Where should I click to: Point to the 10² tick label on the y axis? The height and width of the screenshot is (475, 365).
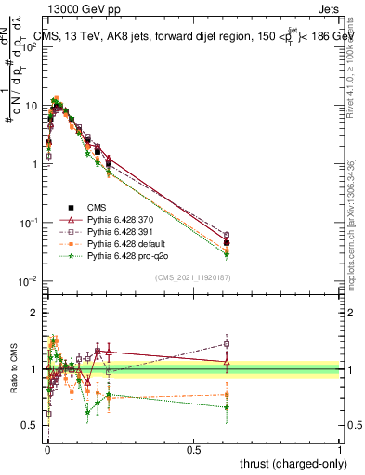click(x=29, y=47)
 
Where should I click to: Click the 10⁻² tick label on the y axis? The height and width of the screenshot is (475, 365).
click(x=29, y=281)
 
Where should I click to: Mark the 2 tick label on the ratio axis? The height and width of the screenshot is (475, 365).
click(x=34, y=313)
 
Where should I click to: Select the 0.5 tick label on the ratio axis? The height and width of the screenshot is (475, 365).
click(x=31, y=427)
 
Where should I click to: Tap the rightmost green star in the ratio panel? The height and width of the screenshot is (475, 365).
click(x=227, y=407)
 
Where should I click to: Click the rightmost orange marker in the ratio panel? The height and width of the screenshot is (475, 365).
click(x=227, y=394)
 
